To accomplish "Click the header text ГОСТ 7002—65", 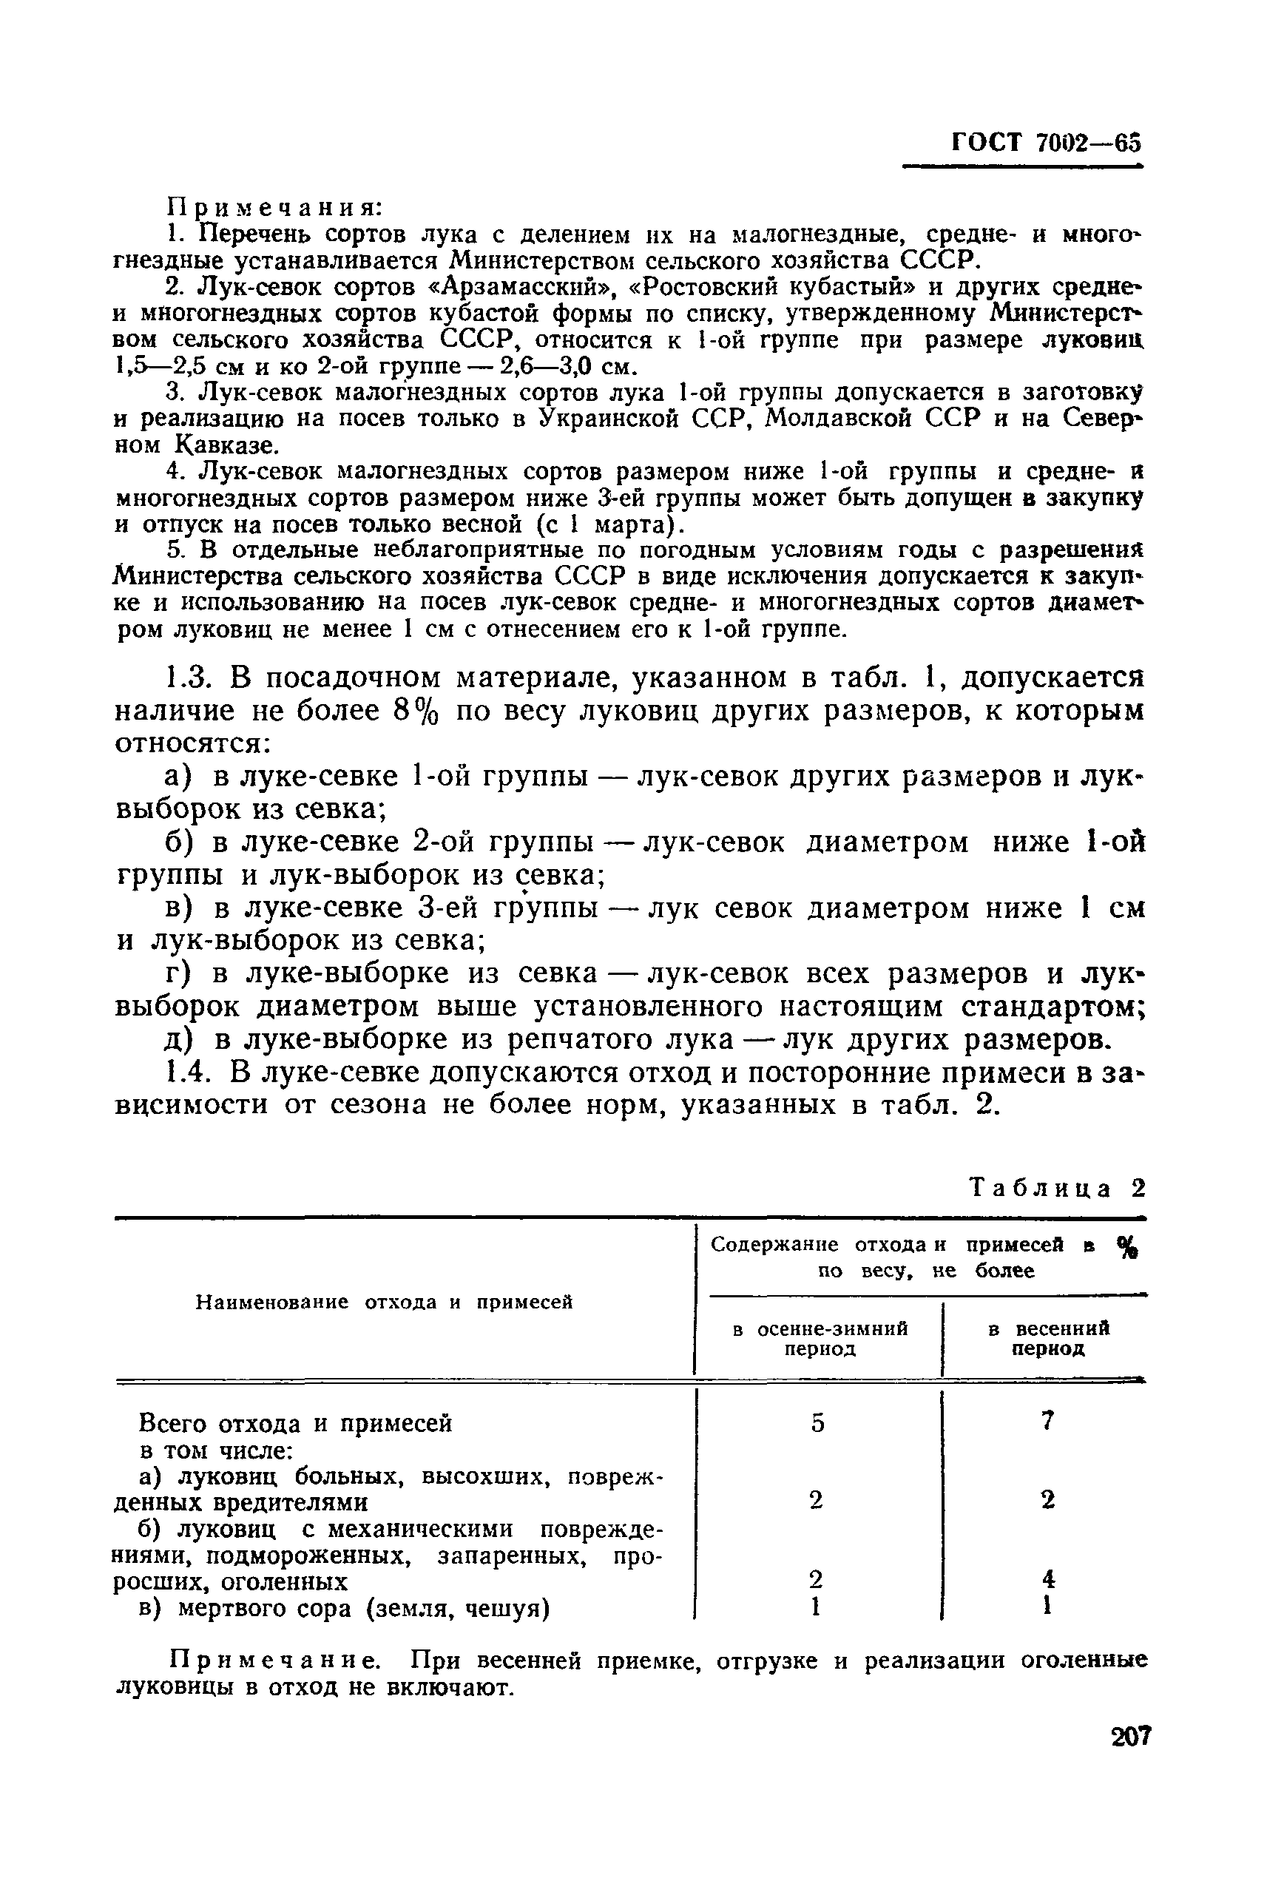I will click(1047, 142).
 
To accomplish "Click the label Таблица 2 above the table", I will click(1058, 1188).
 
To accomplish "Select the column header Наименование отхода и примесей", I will click(385, 1301).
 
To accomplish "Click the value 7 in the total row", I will click(1047, 1421).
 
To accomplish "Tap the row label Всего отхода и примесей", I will click(296, 1423).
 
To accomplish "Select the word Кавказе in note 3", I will click(225, 445).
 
